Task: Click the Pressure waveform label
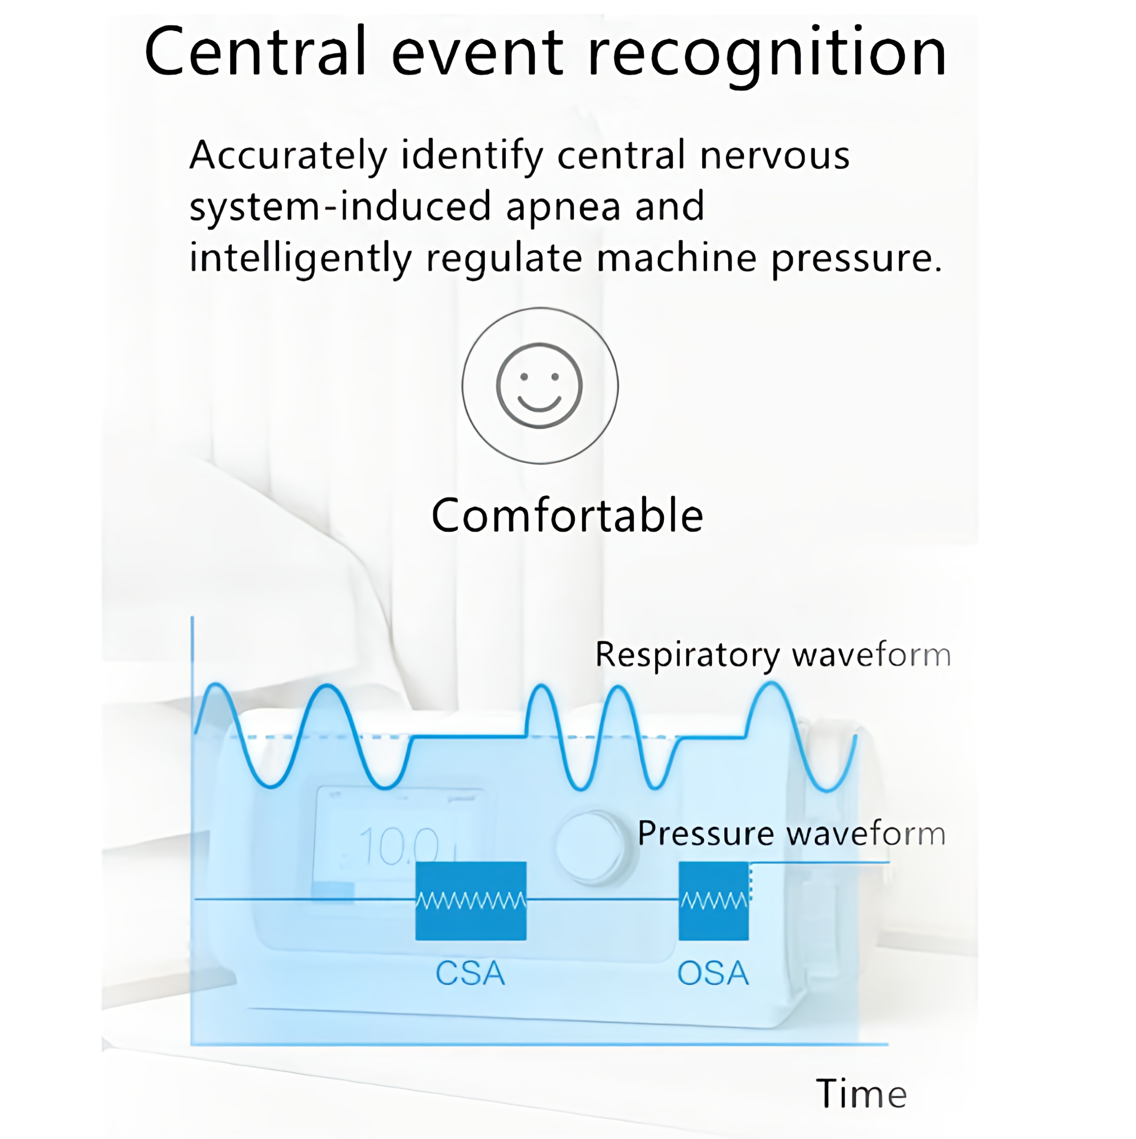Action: pyautogui.click(x=791, y=834)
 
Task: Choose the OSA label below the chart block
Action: pyautogui.click(x=713, y=973)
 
